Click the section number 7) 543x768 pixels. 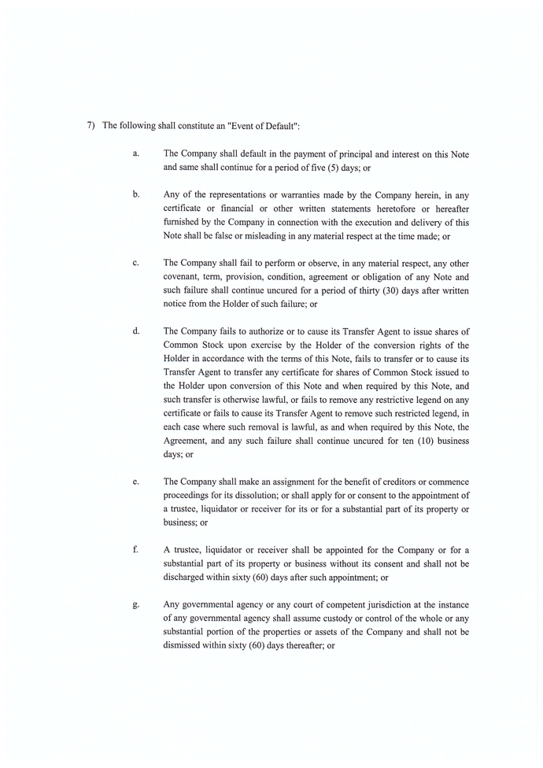[90, 126]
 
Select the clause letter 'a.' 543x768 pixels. [136, 153]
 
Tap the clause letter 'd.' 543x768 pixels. [136, 330]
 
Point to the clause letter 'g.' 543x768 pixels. [136, 604]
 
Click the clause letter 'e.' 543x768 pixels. [136, 481]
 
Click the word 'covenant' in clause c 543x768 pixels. [183, 277]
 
